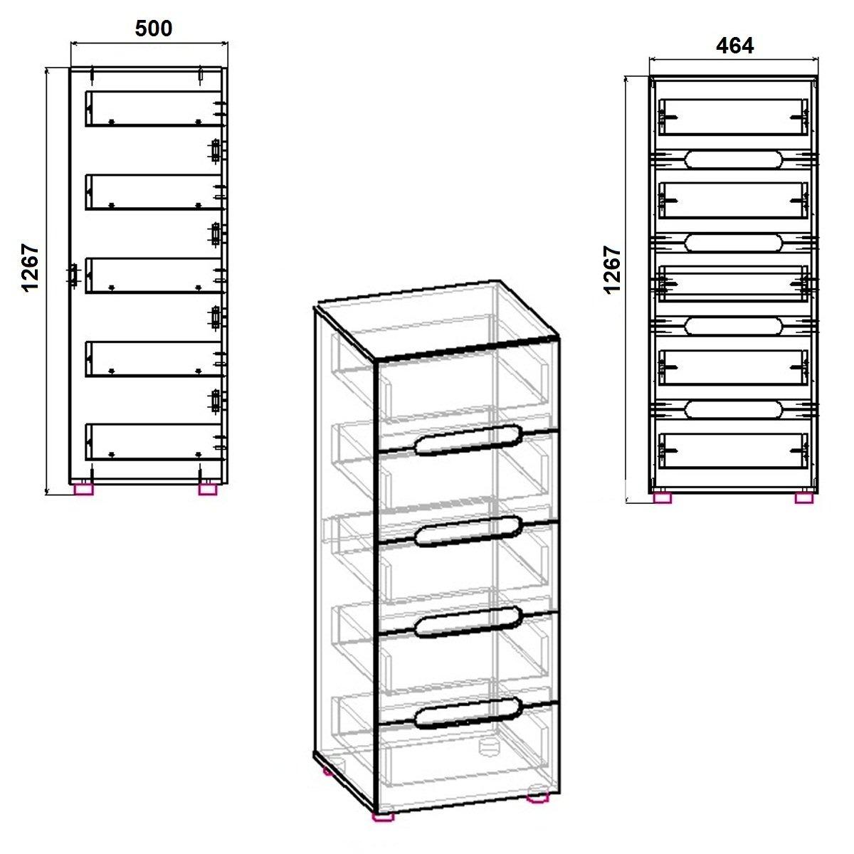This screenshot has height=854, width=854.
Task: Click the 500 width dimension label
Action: coord(153,28)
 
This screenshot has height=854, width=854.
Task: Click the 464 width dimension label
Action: coord(734,46)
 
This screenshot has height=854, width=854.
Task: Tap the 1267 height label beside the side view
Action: coord(31,267)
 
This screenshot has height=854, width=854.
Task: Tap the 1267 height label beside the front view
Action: coord(613,270)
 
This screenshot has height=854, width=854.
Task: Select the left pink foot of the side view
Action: coord(84,489)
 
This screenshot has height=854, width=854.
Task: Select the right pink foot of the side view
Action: coord(207,489)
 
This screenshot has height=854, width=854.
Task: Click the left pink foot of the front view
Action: coord(663,498)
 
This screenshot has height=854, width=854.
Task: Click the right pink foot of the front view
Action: coord(804,498)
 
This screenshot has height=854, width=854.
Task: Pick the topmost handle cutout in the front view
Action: coord(734,159)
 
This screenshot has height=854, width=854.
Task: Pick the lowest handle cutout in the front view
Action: coord(734,410)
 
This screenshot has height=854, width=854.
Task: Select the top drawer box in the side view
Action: coord(154,109)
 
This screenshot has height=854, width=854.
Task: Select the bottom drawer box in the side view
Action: coord(154,442)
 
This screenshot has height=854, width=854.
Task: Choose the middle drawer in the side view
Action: coord(154,275)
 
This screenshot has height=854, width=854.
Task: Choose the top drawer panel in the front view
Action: coord(734,117)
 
